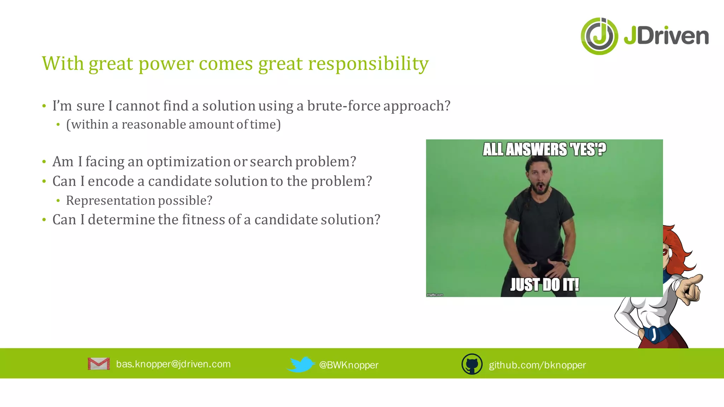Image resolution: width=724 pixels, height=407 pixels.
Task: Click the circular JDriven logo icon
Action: (599, 36)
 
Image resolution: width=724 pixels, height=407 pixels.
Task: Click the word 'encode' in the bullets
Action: (111, 181)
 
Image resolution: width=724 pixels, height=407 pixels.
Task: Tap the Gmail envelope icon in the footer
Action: (99, 364)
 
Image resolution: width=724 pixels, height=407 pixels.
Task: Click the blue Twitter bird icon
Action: (300, 364)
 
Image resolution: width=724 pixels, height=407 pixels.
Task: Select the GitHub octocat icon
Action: (472, 364)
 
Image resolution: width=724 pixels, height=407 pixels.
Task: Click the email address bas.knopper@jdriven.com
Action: (173, 364)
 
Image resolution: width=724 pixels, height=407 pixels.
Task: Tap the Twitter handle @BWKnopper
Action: (349, 365)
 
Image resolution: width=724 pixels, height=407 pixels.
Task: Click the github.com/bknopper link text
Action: (537, 365)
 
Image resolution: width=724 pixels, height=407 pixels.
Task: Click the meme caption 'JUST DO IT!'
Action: (544, 284)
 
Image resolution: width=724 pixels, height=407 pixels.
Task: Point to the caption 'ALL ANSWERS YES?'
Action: (544, 149)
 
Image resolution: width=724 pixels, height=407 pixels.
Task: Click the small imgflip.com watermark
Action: (435, 295)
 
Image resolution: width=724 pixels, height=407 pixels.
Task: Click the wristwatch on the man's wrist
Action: (565, 262)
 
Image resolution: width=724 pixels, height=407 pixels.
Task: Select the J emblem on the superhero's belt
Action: (654, 334)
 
